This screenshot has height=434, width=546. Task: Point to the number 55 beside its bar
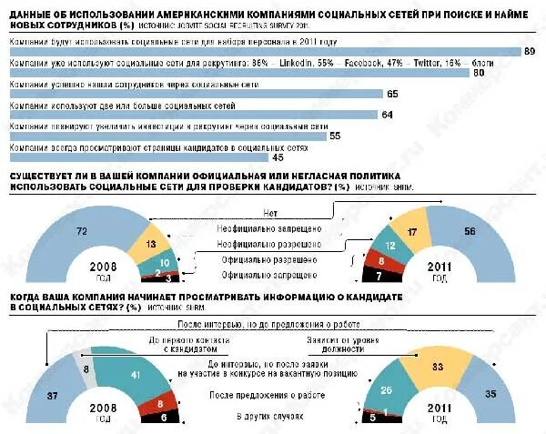point(334,136)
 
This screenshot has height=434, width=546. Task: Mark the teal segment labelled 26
point(386,389)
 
